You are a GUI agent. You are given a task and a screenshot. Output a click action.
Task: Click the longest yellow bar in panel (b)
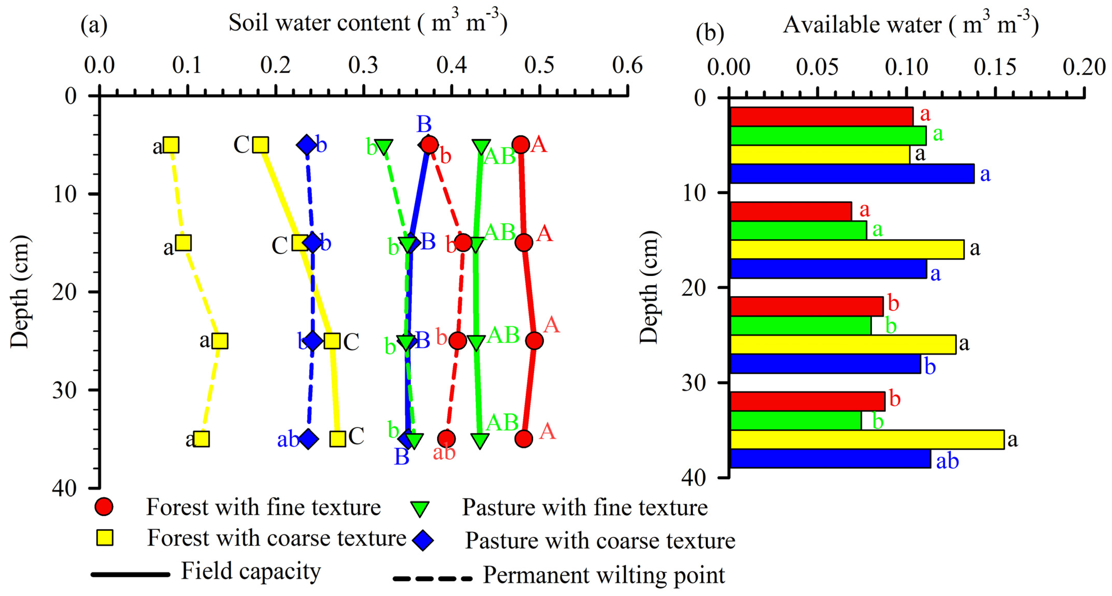click(x=867, y=440)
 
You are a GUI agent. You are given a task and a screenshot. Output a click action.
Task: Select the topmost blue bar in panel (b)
click(x=851, y=174)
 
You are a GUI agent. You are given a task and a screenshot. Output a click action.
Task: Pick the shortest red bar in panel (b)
click(x=790, y=211)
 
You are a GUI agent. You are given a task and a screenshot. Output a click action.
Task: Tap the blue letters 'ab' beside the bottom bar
click(x=947, y=461)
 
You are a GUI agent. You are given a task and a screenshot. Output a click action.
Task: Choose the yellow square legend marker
click(x=105, y=538)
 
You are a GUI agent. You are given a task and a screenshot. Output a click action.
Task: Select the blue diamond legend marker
click(x=423, y=540)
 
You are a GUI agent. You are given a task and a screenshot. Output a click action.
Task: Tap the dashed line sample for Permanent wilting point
click(x=432, y=578)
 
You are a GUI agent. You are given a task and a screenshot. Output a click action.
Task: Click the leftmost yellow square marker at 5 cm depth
click(x=171, y=145)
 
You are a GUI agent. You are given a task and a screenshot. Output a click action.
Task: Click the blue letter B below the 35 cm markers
click(x=402, y=457)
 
